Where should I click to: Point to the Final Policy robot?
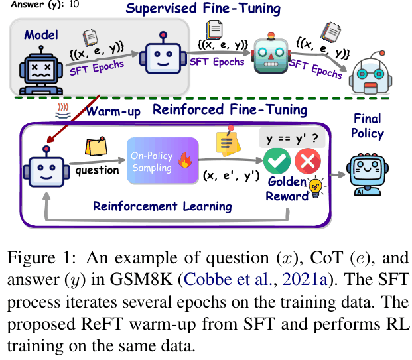tap(367, 171)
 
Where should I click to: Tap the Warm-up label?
tap(113, 111)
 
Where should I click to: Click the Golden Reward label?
tap(287, 188)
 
